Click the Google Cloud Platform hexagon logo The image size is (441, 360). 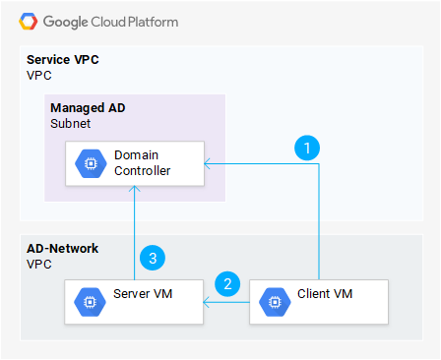coord(27,21)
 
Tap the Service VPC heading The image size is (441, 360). coord(62,60)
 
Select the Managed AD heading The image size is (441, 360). coord(87,107)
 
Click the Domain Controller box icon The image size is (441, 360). coord(89,163)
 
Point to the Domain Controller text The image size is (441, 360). coord(142,163)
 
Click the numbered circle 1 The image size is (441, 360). coord(308,148)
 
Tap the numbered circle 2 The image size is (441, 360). coord(228,284)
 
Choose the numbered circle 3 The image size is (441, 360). coord(153,258)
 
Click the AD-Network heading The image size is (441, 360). coord(62,248)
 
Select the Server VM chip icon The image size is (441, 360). coord(89,303)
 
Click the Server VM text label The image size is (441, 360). coord(143,294)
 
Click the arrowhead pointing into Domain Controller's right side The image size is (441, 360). coord(206,163)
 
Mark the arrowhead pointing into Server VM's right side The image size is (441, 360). coord(206,303)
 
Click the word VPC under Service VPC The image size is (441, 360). coord(38,75)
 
